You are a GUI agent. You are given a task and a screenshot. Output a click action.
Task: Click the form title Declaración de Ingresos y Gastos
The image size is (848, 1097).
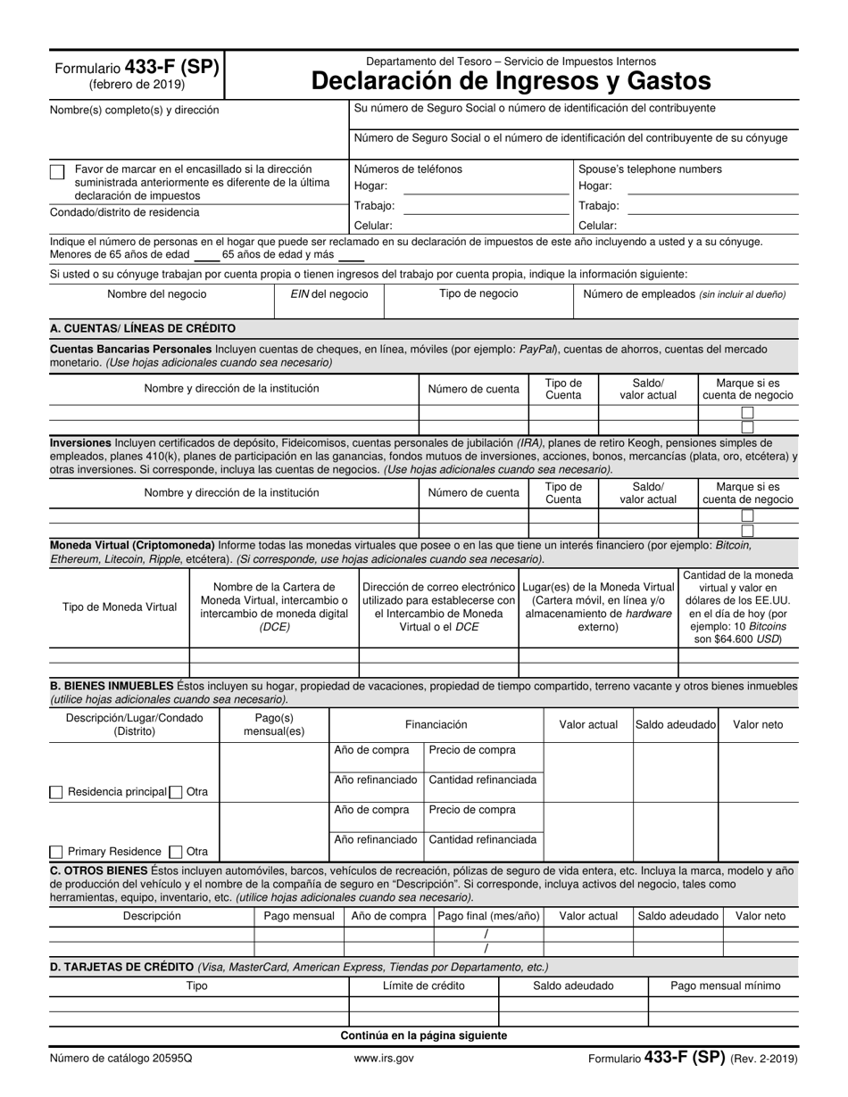pyautogui.click(x=511, y=81)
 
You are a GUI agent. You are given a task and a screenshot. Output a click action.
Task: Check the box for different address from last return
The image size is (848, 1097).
pyautogui.click(x=57, y=172)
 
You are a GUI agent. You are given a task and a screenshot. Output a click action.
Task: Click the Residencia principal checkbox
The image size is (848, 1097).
pyautogui.click(x=56, y=792)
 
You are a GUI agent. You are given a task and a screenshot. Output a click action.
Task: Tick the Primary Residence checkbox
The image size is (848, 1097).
pyautogui.click(x=56, y=852)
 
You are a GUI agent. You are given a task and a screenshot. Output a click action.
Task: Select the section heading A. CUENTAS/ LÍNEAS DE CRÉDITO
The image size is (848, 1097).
pyautogui.click(x=143, y=328)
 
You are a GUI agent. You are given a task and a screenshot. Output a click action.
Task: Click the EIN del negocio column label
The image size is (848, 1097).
pyautogui.click(x=328, y=294)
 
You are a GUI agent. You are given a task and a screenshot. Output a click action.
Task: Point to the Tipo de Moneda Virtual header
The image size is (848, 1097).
pyautogui.click(x=120, y=607)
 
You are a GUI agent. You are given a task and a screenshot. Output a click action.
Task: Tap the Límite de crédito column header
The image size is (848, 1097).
pyautogui.click(x=423, y=986)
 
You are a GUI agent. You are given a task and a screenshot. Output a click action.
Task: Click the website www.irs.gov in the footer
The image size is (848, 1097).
pyautogui.click(x=384, y=1059)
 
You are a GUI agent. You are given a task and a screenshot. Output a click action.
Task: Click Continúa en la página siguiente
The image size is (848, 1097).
pyautogui.click(x=423, y=1035)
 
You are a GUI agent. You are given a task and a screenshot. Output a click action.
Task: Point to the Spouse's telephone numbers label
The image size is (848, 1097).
pyautogui.click(x=650, y=169)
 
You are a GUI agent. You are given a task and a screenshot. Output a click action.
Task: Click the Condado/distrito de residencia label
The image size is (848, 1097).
pyautogui.click(x=125, y=212)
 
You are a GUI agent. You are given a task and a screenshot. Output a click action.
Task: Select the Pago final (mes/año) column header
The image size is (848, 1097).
pyautogui.click(x=488, y=916)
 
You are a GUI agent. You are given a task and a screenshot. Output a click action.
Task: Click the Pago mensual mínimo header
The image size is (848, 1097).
pyautogui.click(x=725, y=986)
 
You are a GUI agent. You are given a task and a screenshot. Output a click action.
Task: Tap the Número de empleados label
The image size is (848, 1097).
pyautogui.click(x=685, y=294)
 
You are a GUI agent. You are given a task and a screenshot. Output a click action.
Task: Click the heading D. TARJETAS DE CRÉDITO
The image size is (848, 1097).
pyautogui.click(x=122, y=967)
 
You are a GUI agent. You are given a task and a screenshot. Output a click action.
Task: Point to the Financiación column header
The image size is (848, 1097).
pyautogui.click(x=436, y=724)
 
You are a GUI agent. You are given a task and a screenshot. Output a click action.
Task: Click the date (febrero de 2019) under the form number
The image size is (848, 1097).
pyautogui.click(x=137, y=85)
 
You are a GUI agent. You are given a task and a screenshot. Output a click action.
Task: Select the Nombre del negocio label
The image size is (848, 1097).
pyautogui.click(x=156, y=294)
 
